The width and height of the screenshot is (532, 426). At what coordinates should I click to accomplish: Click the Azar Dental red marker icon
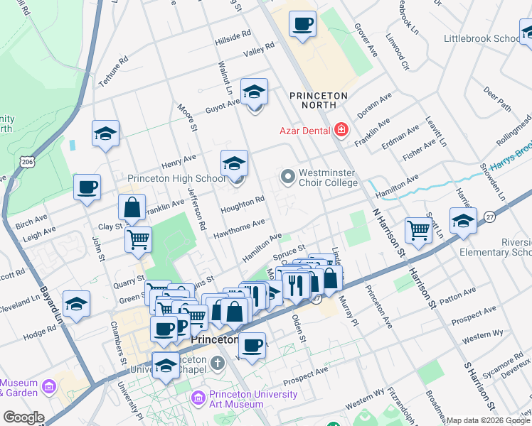click(341, 129)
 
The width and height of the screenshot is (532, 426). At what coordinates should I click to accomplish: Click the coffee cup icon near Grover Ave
click(302, 24)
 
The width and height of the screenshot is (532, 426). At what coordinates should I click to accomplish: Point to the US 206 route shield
click(26, 163)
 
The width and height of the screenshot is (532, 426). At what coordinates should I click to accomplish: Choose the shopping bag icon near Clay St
click(132, 208)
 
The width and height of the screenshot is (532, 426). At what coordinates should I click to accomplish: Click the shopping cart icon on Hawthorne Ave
click(138, 239)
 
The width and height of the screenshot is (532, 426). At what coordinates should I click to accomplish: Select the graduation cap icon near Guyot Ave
click(254, 92)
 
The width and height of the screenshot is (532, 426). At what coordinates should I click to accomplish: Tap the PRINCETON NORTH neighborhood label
click(319, 100)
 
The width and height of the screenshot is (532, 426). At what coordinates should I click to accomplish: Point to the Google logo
click(23, 417)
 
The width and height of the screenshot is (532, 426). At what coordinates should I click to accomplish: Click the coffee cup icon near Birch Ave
click(87, 187)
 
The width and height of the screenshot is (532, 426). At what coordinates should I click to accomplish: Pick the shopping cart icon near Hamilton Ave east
click(418, 229)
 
